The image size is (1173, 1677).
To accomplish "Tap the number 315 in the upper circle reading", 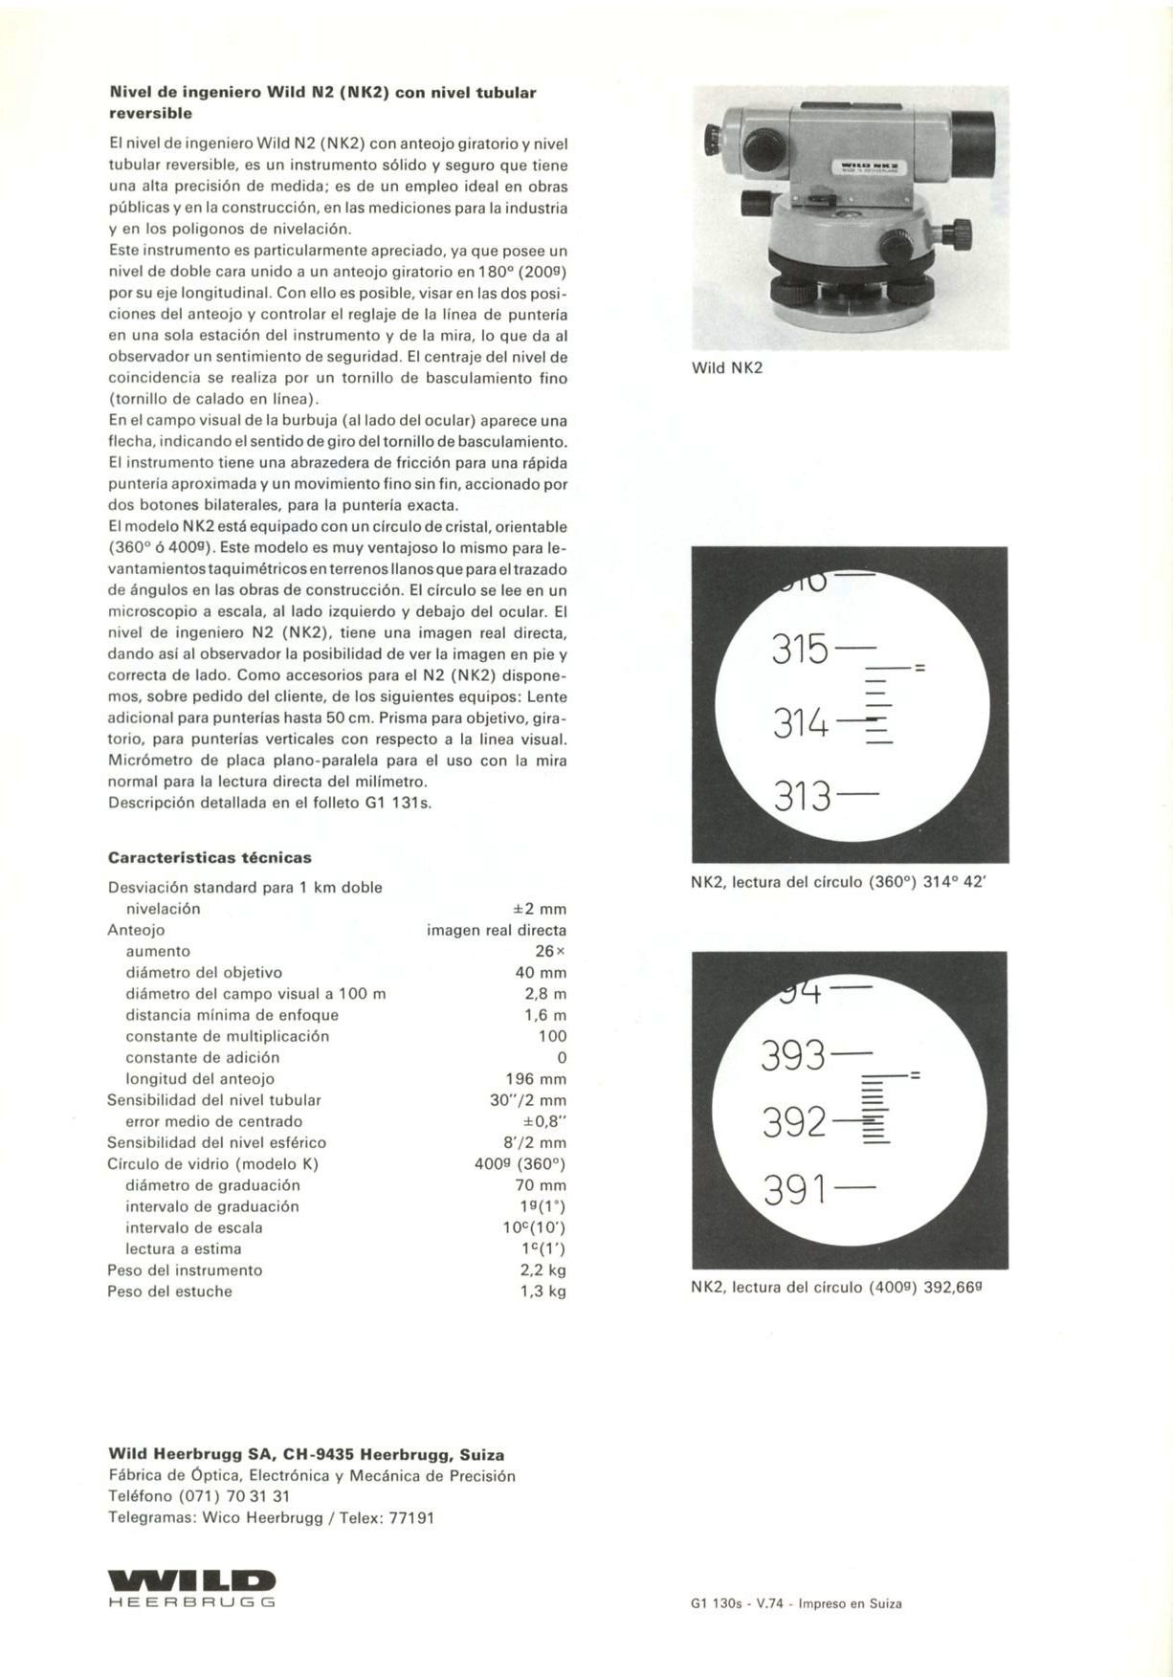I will tap(800, 651).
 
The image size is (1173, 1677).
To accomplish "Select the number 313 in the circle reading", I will tap(802, 795).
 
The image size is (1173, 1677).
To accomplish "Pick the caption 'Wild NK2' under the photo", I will tap(726, 368).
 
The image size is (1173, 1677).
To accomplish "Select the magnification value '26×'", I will tap(550, 951).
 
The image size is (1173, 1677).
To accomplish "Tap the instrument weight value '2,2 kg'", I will tap(542, 1270).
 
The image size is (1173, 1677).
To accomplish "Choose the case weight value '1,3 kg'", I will tap(542, 1291).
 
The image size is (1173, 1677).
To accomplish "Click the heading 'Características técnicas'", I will tap(210, 858).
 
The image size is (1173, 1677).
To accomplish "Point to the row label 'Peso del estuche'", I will tap(169, 1291).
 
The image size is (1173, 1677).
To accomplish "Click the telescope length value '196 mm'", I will tap(536, 1079).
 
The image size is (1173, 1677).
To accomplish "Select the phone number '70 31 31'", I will tap(258, 1496).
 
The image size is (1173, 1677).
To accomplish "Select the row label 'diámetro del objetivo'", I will tap(204, 973).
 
